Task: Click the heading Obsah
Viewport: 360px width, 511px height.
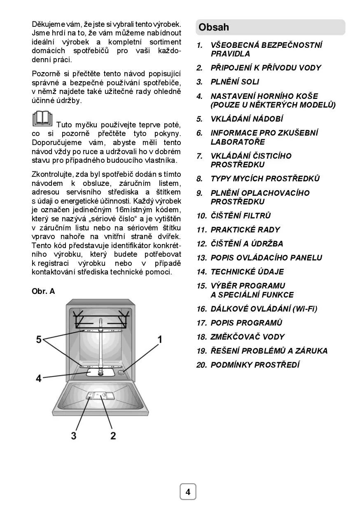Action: pyautogui.click(x=214, y=28)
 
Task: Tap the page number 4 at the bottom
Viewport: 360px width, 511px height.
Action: pyautogui.click(x=188, y=492)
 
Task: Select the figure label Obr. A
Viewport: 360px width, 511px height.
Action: pyautogui.click(x=43, y=291)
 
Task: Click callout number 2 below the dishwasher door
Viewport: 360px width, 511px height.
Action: pyautogui.click(x=113, y=435)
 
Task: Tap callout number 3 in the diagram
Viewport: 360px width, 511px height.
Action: pyautogui.click(x=74, y=435)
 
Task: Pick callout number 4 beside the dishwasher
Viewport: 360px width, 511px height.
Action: pyautogui.click(x=39, y=378)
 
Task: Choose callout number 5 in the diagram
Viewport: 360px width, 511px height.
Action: pyautogui.click(x=39, y=339)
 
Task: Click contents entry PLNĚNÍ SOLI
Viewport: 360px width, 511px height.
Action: pyautogui.click(x=235, y=82)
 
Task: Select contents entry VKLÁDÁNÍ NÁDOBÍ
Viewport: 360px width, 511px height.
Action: pyautogui.click(x=247, y=119)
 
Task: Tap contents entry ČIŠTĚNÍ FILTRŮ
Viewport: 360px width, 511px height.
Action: pyautogui.click(x=241, y=216)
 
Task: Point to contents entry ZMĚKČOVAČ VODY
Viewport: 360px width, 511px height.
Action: pyautogui.click(x=248, y=337)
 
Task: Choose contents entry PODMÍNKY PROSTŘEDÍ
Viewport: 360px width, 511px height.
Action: pyautogui.click(x=255, y=365)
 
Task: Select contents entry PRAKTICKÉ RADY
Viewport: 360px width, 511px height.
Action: pyautogui.click(x=245, y=230)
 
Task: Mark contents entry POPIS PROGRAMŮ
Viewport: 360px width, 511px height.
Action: pyautogui.click(x=246, y=323)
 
